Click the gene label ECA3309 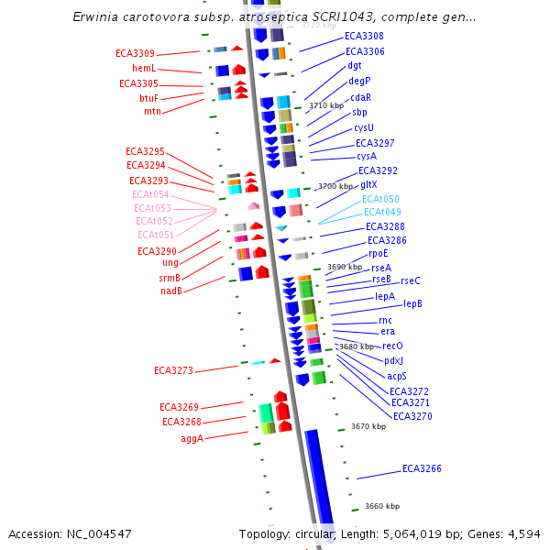point(135,53)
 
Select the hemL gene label point(144,68)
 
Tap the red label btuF point(148,97)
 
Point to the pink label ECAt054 point(150,194)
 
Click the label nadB point(170,291)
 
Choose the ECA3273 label point(173,370)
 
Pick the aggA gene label point(192,438)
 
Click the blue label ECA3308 point(364,36)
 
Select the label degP point(359,81)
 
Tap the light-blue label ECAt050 point(380,198)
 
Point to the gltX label point(368,184)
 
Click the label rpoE point(379,253)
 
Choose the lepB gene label point(412,302)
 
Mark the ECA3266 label point(422,468)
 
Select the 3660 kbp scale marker point(382,506)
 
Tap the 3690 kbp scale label point(345,267)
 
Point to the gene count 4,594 point(521,533)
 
